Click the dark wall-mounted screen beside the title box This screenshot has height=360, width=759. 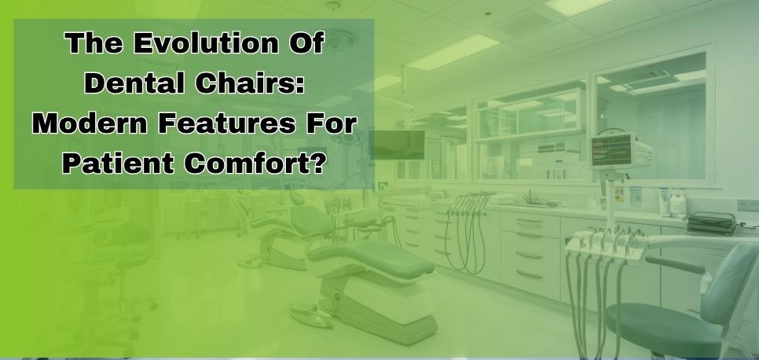click(x=397, y=145)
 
